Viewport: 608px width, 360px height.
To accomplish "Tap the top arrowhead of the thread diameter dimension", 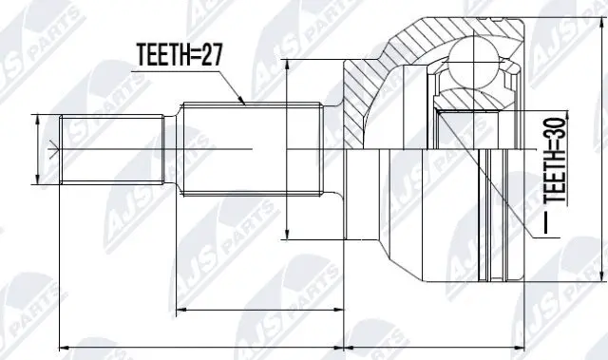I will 37,118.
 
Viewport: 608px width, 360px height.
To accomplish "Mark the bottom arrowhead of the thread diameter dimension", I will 37,180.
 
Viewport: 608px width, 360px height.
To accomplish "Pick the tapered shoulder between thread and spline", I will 172,149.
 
